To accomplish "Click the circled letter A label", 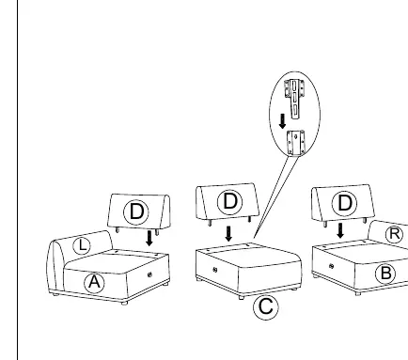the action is [94, 283].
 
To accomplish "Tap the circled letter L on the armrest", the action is [82, 245].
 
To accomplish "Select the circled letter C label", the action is [266, 307].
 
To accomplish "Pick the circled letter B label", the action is [385, 274].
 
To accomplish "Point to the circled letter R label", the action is [394, 234].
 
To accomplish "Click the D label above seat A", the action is [136, 212].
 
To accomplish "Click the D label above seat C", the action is [230, 202].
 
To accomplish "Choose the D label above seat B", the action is [344, 203].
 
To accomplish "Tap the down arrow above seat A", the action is [149, 239].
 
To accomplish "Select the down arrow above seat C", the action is [228, 234].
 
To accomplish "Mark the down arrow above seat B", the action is [340, 230].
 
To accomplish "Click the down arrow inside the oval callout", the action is [282, 121].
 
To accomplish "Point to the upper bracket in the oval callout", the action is [294, 99].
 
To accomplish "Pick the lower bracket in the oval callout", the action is [296, 143].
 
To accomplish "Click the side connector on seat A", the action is [149, 274].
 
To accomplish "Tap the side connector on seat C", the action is [215, 270].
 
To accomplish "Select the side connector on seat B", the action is [332, 266].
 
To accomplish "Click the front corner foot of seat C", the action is [241, 298].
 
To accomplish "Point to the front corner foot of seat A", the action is [124, 303].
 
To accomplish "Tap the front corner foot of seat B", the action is [357, 293].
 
